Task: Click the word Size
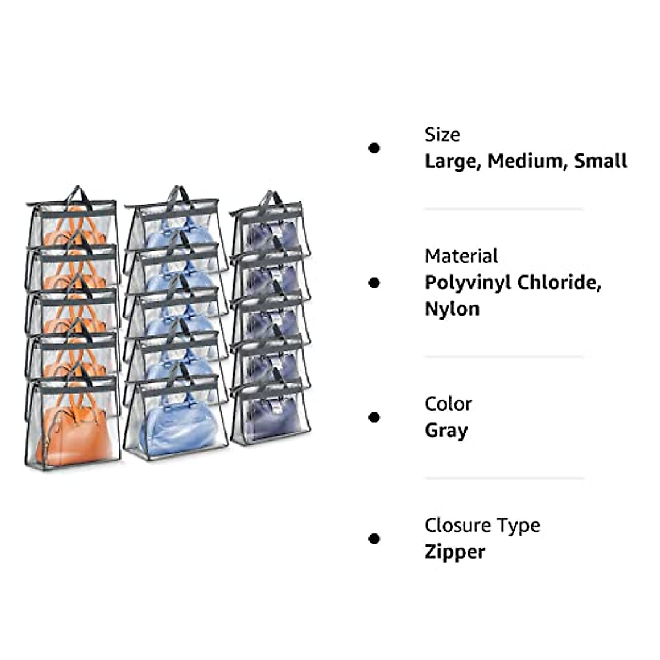tap(442, 135)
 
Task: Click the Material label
tap(461, 256)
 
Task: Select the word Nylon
tap(452, 309)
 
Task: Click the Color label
tap(448, 404)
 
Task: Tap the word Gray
tap(446, 431)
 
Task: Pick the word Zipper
tap(454, 552)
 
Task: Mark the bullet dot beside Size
tap(375, 148)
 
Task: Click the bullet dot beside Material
tap(375, 283)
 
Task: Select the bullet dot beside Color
tap(375, 417)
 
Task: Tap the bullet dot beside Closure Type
tap(375, 538)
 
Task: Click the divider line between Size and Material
tap(503, 209)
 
